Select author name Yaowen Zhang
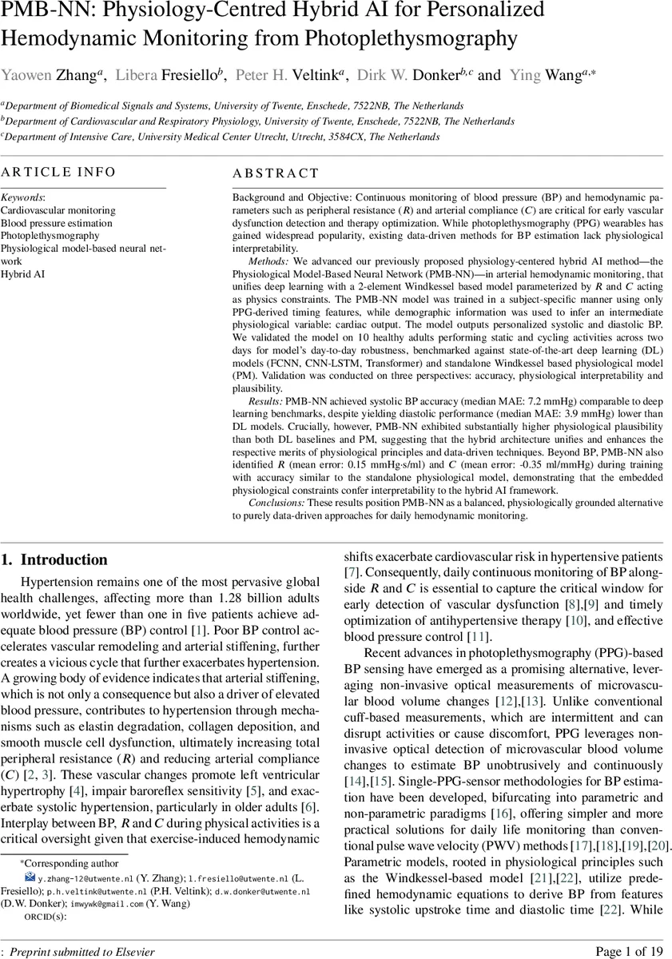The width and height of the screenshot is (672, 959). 50,75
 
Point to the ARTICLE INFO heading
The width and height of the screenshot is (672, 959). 58,173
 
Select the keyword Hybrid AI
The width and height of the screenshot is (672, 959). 22,273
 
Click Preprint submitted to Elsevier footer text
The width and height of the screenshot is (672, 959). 81,951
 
